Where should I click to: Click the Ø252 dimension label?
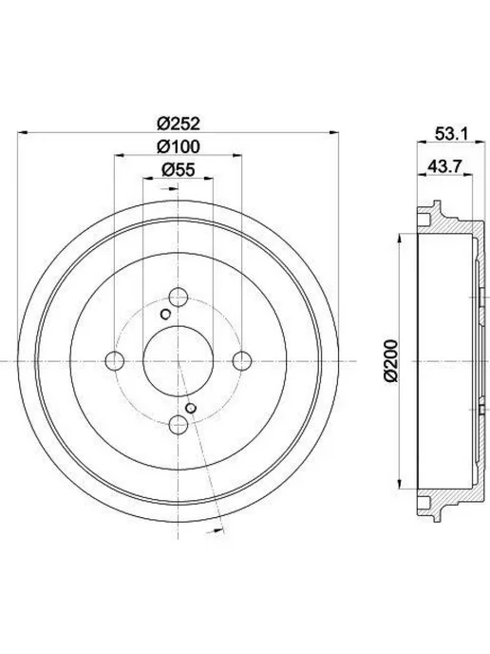[x=179, y=123]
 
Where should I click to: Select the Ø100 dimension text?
[x=179, y=146]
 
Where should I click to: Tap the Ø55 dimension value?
[x=179, y=170]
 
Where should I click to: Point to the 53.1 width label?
[x=452, y=134]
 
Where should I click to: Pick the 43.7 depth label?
[x=444, y=166]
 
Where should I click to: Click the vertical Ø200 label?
[x=391, y=361]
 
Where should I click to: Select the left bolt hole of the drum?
[x=115, y=361]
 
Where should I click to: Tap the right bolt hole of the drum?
[x=242, y=361]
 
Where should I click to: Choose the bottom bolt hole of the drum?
[x=179, y=425]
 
